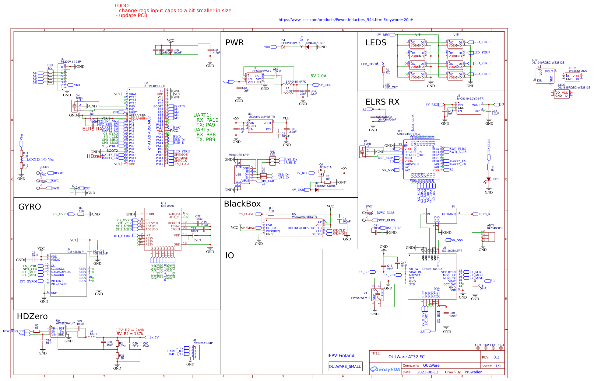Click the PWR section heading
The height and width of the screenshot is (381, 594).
(x=234, y=43)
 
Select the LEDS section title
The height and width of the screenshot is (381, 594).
(x=376, y=43)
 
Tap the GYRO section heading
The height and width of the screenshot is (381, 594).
(x=30, y=207)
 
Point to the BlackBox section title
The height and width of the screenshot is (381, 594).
(x=242, y=204)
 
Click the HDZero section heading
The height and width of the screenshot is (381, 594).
(x=32, y=316)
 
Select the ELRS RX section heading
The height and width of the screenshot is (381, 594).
(x=382, y=102)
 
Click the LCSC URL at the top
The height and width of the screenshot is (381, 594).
(x=346, y=20)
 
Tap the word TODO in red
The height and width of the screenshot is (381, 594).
(x=122, y=5)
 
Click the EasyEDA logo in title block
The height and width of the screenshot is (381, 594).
(x=385, y=369)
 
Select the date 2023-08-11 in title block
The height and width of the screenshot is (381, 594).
(x=427, y=372)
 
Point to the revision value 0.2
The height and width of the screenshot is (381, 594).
(x=496, y=357)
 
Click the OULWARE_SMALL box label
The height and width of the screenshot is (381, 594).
(x=345, y=366)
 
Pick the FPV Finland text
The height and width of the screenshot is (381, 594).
(x=341, y=355)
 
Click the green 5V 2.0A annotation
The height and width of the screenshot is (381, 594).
(x=318, y=76)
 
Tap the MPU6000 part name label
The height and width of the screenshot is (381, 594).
(x=167, y=206)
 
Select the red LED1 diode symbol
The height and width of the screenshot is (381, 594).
(x=488, y=179)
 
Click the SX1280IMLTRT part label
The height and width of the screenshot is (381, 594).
(x=452, y=251)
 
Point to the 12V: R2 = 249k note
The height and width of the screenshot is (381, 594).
(x=130, y=330)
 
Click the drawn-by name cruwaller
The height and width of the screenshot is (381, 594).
(x=473, y=372)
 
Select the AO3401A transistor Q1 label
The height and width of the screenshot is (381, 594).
(x=325, y=167)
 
